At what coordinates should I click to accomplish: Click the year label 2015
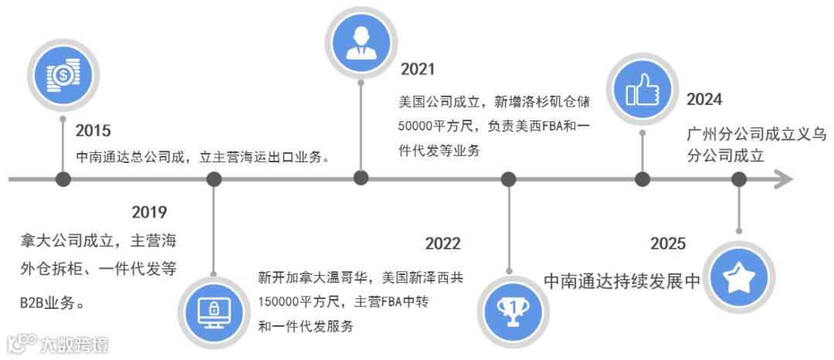coord(93,130)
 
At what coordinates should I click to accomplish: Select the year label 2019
coord(149,212)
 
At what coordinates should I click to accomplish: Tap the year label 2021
coord(418,69)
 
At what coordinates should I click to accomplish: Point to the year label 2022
coord(442,244)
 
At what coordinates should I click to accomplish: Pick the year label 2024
coord(704,100)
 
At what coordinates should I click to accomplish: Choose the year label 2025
coord(668,244)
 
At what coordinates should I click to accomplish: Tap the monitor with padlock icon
coord(214,311)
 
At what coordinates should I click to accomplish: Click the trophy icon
coord(510,307)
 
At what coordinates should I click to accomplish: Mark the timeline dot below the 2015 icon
coord(64,180)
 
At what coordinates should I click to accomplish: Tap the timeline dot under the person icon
coord(361,178)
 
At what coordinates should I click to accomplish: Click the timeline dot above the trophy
coord(509,180)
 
